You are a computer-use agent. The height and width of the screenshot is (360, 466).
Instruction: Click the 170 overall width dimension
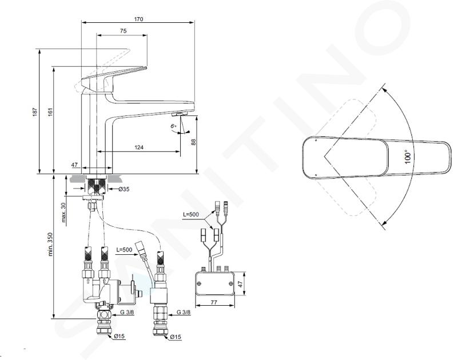(138, 19)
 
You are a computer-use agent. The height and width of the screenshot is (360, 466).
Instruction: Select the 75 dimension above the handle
(124, 31)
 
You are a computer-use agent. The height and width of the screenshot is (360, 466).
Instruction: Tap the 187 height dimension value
(35, 111)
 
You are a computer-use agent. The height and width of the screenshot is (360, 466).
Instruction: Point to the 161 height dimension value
(50, 111)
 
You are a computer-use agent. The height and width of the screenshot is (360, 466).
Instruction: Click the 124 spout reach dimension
(139, 147)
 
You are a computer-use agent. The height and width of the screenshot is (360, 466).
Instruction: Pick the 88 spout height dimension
(193, 142)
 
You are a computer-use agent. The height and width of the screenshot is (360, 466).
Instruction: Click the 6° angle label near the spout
(174, 126)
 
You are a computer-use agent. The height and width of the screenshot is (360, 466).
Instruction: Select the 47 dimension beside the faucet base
(74, 165)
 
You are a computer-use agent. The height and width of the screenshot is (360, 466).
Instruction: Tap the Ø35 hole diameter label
(124, 189)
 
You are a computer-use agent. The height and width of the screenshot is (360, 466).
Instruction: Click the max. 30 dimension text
(63, 213)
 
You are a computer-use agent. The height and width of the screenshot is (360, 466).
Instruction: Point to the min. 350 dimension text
(50, 244)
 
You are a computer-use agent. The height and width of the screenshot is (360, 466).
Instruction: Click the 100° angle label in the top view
(408, 157)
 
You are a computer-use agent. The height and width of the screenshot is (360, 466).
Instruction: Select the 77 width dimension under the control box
(214, 302)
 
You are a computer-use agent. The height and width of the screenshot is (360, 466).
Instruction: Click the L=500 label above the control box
(191, 214)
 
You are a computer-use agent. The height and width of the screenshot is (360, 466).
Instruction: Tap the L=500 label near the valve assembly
(124, 250)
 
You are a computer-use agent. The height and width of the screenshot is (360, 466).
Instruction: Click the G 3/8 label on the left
(126, 312)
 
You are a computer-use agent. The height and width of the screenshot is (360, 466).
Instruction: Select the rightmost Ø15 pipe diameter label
(176, 337)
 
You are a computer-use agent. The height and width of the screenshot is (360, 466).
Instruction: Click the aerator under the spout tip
(180, 114)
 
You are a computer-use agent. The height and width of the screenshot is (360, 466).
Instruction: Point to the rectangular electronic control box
(215, 282)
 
